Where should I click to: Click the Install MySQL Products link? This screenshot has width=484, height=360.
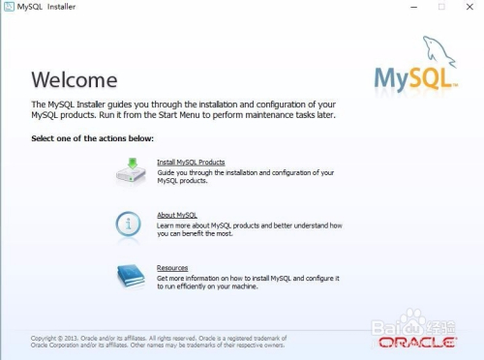[191, 162]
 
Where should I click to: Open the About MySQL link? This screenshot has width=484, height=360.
[176, 215]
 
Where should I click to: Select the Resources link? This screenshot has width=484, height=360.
[172, 267]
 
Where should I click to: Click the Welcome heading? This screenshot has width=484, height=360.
[75, 80]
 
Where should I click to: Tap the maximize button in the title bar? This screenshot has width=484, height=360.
[441, 7]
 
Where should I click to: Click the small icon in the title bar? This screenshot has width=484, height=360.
[9, 7]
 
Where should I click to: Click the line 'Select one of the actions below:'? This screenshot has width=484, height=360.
[92, 139]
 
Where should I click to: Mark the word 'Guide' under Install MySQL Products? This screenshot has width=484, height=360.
[166, 172]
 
